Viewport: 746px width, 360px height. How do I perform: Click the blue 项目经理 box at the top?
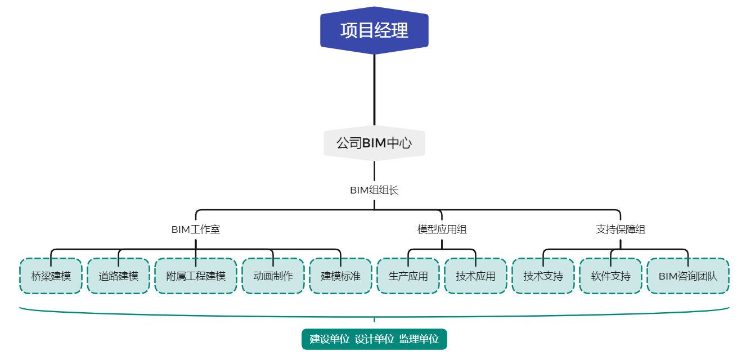pyautogui.click(x=374, y=30)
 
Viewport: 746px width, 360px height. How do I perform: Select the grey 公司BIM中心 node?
pyautogui.click(x=374, y=143)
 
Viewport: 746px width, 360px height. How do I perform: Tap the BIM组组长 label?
pyautogui.click(x=374, y=190)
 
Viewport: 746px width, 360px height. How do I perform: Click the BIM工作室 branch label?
pyautogui.click(x=195, y=229)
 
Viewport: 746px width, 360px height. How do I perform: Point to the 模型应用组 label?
pyautogui.click(x=442, y=229)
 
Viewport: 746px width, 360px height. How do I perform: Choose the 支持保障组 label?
pyautogui.click(x=621, y=229)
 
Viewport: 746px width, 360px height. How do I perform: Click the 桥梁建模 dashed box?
pyautogui.click(x=51, y=276)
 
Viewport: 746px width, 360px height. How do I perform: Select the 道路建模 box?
pyautogui.click(x=118, y=276)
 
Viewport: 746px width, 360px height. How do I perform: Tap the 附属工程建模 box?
pyautogui.click(x=196, y=276)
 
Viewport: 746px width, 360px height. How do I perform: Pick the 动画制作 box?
pyautogui.click(x=273, y=276)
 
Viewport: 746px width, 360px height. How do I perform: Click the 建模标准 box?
pyautogui.click(x=340, y=276)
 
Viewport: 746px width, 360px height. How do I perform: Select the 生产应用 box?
pyautogui.click(x=408, y=276)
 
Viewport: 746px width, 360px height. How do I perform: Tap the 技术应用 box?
pyautogui.click(x=475, y=276)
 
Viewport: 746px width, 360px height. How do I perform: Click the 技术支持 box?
pyautogui.click(x=543, y=276)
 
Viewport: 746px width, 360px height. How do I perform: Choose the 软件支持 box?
pyautogui.click(x=610, y=276)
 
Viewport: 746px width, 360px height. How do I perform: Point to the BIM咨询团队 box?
pyautogui.click(x=688, y=276)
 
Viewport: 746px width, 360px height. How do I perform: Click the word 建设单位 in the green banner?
pyautogui.click(x=330, y=339)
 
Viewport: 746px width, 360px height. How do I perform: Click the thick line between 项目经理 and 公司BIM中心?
pyautogui.click(x=374, y=90)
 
